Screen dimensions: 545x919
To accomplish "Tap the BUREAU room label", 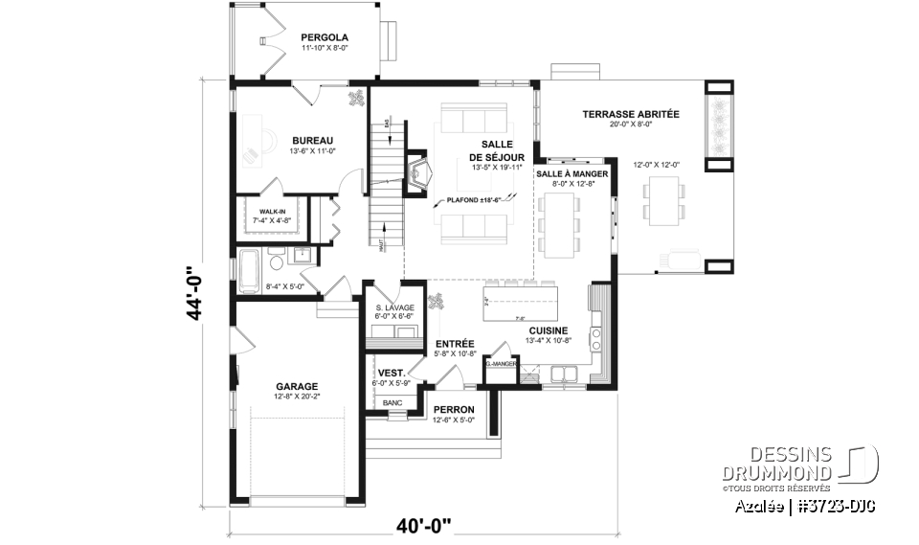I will [x=312, y=140].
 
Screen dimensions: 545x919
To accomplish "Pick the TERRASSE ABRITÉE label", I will [x=630, y=114].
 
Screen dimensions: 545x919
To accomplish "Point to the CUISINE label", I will [x=549, y=329].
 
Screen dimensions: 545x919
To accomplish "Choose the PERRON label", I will [x=454, y=409].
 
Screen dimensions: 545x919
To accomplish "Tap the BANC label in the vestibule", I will [x=392, y=403].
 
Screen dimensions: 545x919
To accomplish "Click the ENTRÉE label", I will [x=455, y=343].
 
